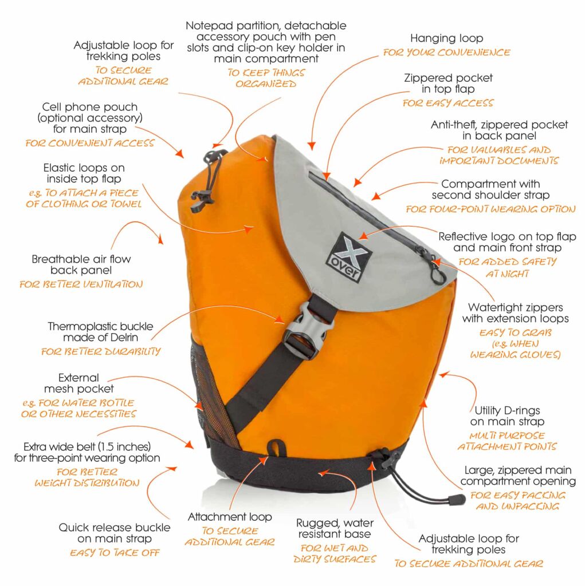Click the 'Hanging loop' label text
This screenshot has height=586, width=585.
coord(446,38)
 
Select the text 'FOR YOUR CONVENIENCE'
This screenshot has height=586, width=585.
coord(446,53)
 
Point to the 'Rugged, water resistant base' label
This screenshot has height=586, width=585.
coord(335,529)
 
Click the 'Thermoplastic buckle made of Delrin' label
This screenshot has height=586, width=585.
coord(100,332)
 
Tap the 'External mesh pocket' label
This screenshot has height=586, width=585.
coord(78,383)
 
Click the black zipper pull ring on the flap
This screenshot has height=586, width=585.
coord(438,276)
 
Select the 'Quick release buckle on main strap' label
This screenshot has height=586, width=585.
coord(114,533)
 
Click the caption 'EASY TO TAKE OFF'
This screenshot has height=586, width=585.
coord(114,553)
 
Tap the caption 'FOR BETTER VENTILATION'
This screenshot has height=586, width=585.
coord(81,284)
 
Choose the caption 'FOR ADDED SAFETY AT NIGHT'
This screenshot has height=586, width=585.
coord(507,268)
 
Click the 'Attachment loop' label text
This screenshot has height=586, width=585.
coord(229,517)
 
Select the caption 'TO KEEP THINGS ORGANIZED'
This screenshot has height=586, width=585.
coord(266,78)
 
